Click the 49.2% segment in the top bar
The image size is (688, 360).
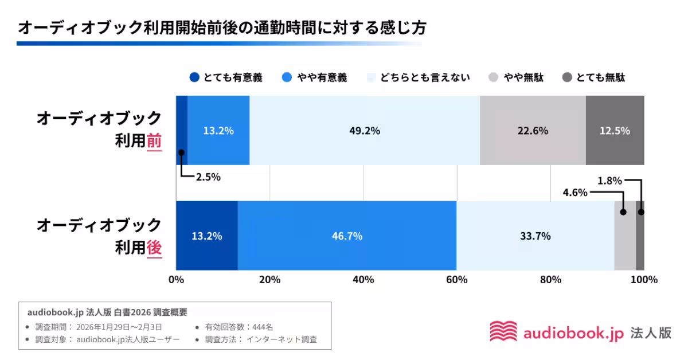(x=365, y=131)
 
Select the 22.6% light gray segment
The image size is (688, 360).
(x=533, y=131)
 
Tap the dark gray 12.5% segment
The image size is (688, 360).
(x=615, y=131)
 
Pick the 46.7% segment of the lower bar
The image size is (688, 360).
(x=347, y=236)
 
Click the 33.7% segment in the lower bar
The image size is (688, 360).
(x=535, y=236)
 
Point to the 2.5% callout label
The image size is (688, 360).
(x=208, y=177)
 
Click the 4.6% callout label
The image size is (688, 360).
(x=575, y=193)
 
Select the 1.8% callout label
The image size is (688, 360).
(x=609, y=181)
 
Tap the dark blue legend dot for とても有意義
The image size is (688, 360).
(x=194, y=77)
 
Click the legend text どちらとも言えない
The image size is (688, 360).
(x=425, y=77)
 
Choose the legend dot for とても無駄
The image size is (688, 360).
(x=567, y=77)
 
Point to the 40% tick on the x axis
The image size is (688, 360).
(x=363, y=280)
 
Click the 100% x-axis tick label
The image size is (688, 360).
(x=644, y=280)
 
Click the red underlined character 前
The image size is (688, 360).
(x=154, y=141)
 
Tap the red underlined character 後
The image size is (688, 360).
(x=154, y=247)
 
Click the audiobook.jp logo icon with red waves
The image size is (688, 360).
(x=503, y=332)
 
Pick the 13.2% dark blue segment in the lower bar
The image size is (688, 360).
(x=206, y=236)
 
